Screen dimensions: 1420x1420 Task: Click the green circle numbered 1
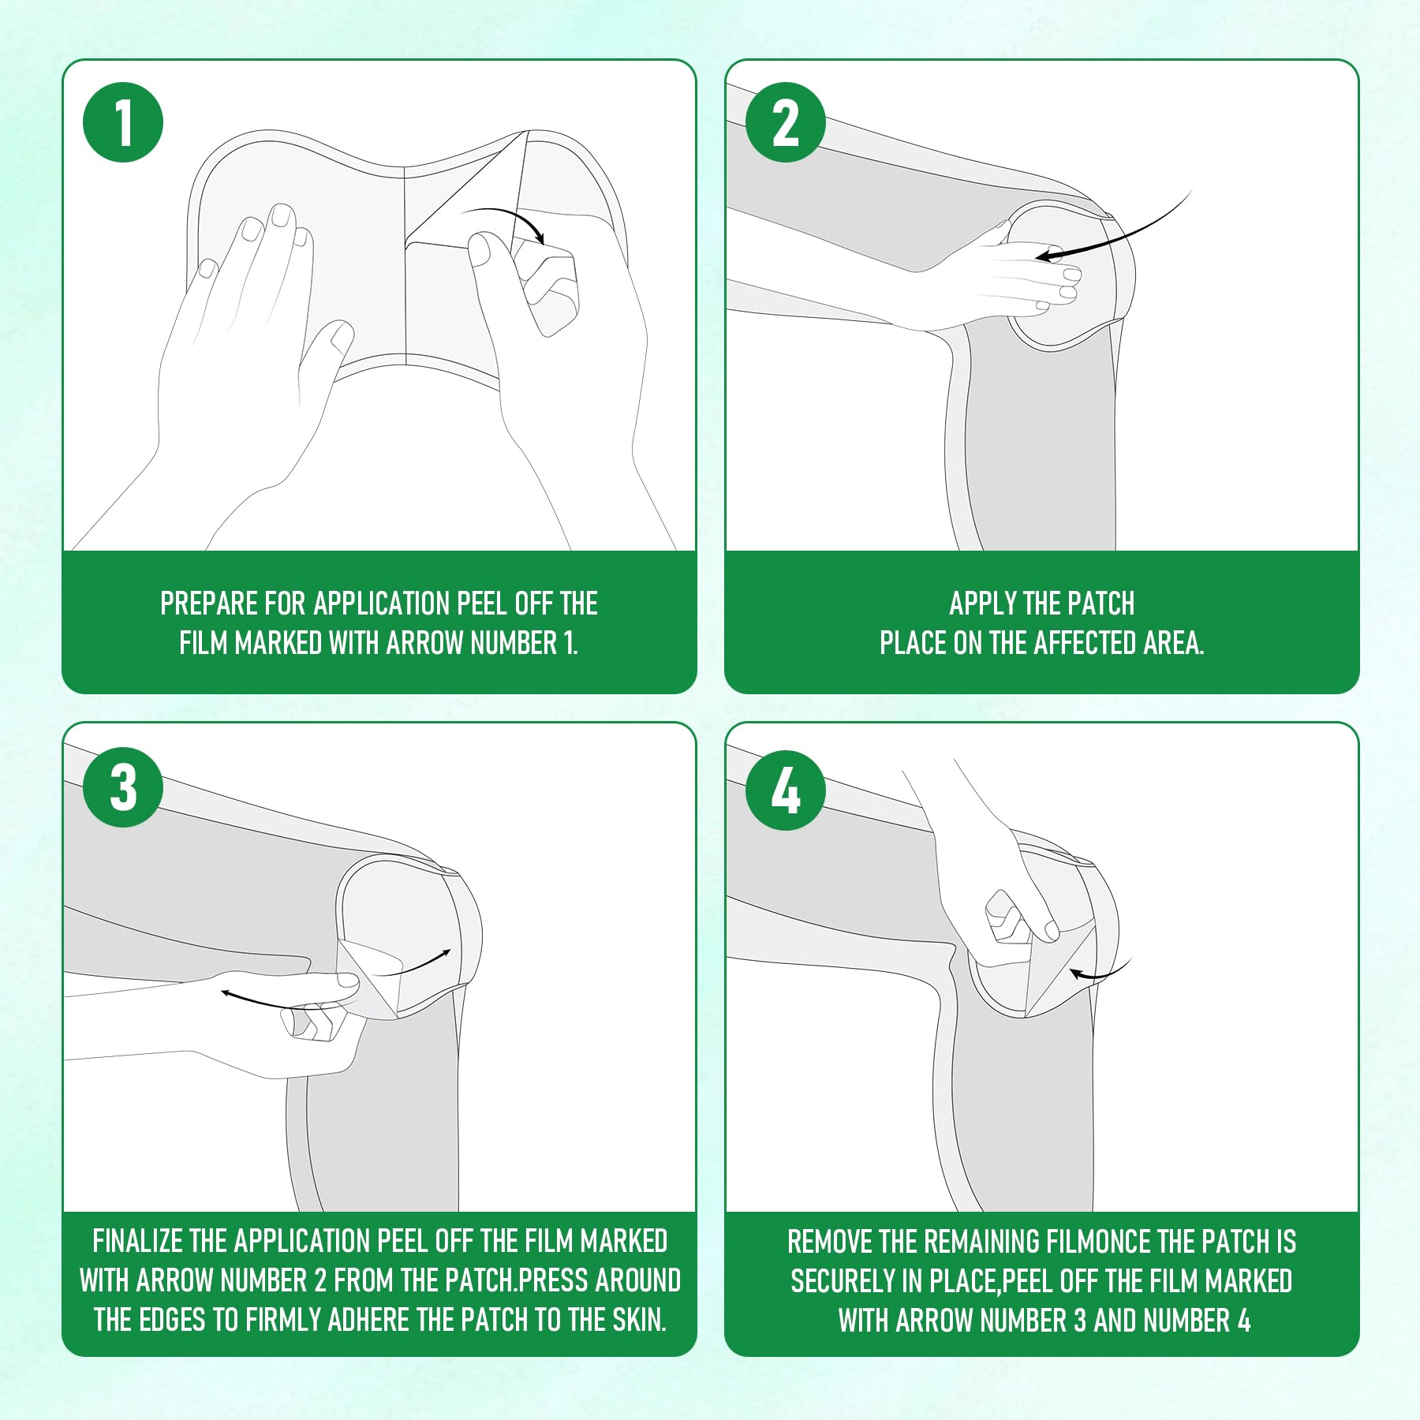click(x=123, y=122)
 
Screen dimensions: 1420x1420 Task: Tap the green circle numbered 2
click(x=786, y=122)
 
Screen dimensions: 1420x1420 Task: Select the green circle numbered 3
click(x=123, y=787)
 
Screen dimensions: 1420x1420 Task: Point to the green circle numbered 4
click(x=786, y=790)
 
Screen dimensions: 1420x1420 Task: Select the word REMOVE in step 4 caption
click(x=829, y=1242)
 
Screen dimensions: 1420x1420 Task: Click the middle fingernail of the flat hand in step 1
click(x=282, y=215)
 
